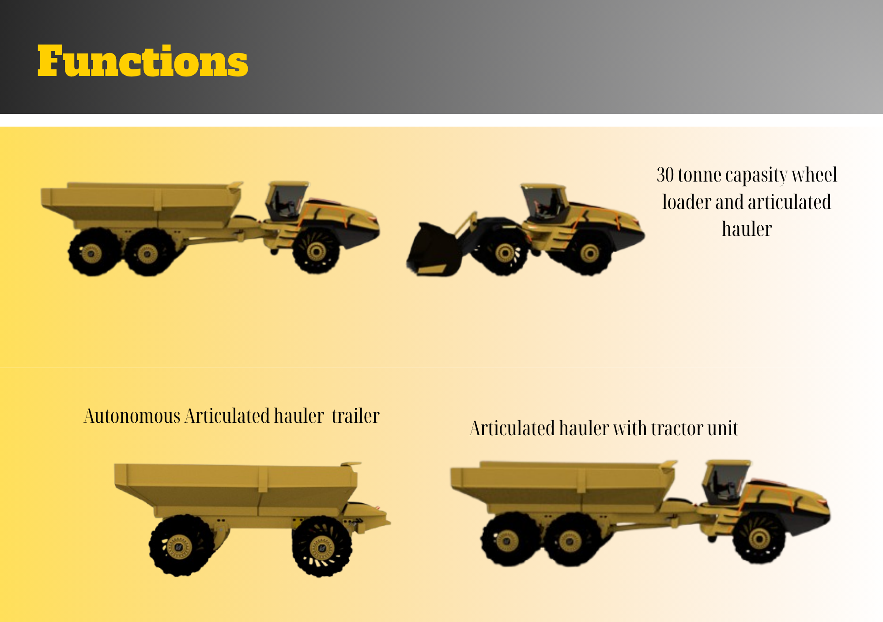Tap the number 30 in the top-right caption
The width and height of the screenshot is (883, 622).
(665, 175)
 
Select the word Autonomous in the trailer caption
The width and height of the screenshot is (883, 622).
(132, 416)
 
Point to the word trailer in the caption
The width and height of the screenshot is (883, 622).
(355, 416)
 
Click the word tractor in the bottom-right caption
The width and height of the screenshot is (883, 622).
(676, 429)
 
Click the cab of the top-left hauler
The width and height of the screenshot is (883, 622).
(287, 201)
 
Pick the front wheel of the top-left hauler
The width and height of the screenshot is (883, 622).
(317, 250)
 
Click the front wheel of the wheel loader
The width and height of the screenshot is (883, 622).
(504, 252)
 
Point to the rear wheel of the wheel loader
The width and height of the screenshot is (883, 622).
(589, 253)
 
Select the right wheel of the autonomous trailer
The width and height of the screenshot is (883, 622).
(322, 546)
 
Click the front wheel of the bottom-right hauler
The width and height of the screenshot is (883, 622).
(759, 539)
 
